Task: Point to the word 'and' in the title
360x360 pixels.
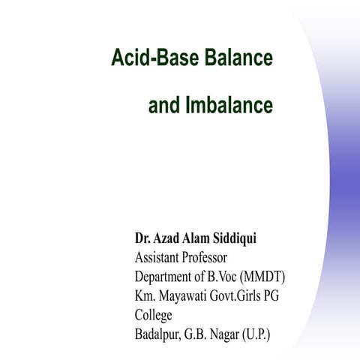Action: pyautogui.click(x=163, y=106)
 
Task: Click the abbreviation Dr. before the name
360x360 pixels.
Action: pyautogui.click(x=142, y=240)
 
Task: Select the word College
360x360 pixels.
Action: pyautogui.click(x=154, y=313)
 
